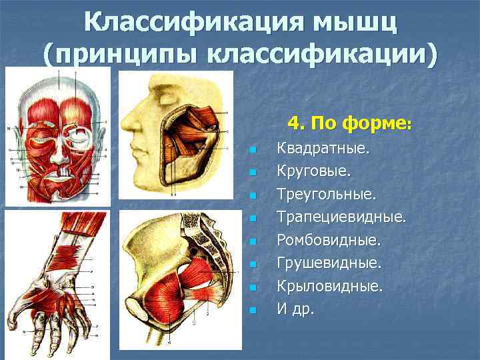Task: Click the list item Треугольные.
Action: click(326, 194)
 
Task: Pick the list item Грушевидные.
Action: click(329, 263)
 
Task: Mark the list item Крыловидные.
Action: click(330, 287)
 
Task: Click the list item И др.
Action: click(295, 310)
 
